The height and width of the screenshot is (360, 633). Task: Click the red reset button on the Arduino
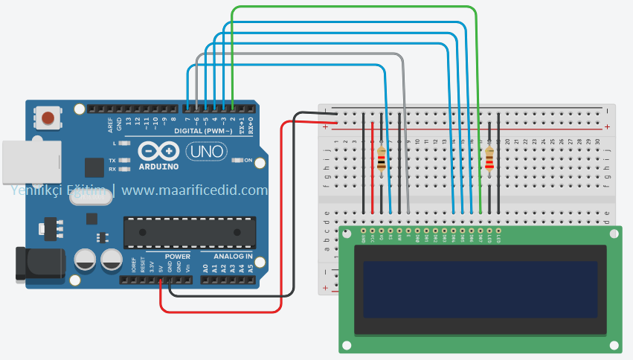pyautogui.click(x=48, y=118)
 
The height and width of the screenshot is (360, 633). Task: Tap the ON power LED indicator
pyautogui.click(x=240, y=160)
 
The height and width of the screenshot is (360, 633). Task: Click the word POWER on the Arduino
pyautogui.click(x=177, y=256)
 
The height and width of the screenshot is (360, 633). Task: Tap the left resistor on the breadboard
pyautogui.click(x=382, y=159)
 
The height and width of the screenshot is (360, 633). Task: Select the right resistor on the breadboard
pyautogui.click(x=489, y=159)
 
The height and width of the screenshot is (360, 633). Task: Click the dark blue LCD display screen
pyautogui.click(x=480, y=288)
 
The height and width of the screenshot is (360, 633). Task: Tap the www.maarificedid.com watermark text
pyautogui.click(x=194, y=190)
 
